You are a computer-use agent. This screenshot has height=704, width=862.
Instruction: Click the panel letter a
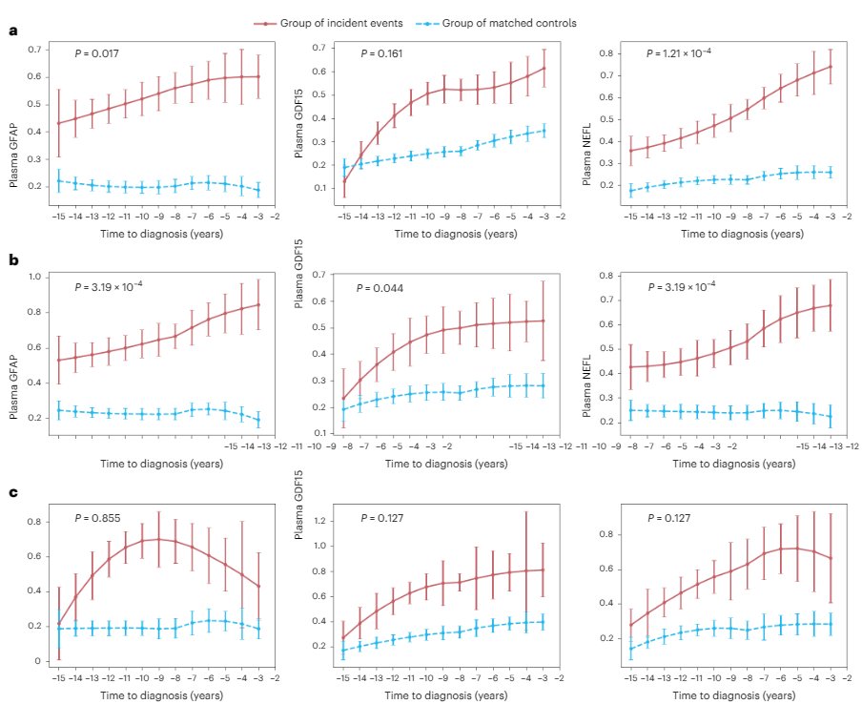(12, 32)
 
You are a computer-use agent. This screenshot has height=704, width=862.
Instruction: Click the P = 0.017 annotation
(97, 54)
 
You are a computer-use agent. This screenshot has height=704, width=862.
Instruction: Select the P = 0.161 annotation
(382, 54)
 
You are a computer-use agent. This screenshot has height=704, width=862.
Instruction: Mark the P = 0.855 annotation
(97, 518)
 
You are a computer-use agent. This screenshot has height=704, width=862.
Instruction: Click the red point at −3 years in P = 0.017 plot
(258, 76)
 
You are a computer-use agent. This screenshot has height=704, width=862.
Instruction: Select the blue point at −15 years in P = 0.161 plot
(344, 167)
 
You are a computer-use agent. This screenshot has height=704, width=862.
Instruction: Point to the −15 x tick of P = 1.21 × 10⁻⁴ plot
(629, 217)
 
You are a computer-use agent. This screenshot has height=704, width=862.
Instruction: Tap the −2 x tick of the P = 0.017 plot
(276, 217)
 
